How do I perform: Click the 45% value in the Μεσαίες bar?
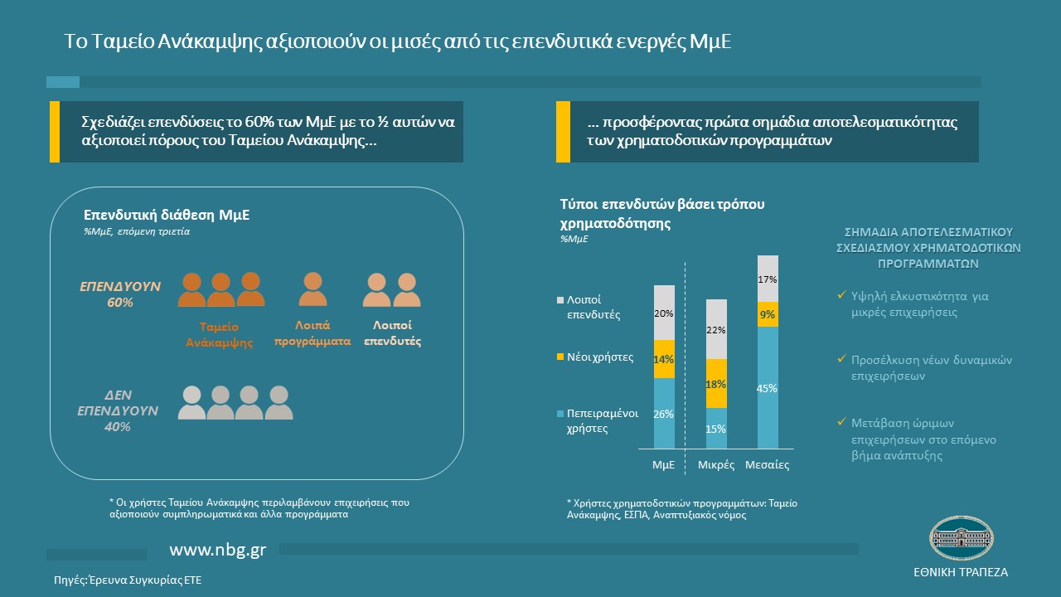coord(768,388)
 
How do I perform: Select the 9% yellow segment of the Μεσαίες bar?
coord(768,314)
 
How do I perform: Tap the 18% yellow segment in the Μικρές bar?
coord(716,384)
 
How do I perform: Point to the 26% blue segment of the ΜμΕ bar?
coord(664,414)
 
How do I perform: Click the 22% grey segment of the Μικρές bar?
coord(716,330)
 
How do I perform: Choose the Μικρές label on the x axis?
coord(716,465)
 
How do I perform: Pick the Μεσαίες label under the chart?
coord(768,465)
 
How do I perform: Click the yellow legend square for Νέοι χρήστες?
coord(561,357)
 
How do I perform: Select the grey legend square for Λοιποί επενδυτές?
coord(561,299)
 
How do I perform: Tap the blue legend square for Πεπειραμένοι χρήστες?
coord(561,413)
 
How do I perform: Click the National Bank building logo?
coord(960,540)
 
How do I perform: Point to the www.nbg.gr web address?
coord(218,551)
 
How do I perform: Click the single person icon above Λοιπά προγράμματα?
coord(312,289)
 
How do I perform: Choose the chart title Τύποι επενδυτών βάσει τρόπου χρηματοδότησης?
coord(661,213)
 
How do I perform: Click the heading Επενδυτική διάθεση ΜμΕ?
coord(167,216)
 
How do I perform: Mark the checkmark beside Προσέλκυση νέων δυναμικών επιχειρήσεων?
coord(841,360)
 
